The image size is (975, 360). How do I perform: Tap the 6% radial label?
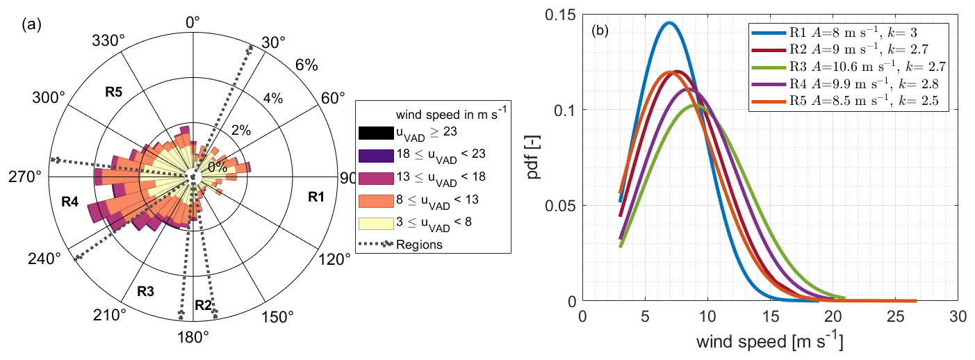point(306,65)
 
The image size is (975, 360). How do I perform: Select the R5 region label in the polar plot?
point(115,91)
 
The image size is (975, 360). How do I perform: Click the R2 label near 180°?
point(203,304)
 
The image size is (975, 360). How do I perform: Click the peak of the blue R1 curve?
point(669,23)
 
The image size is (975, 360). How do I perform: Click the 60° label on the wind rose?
point(332,98)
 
